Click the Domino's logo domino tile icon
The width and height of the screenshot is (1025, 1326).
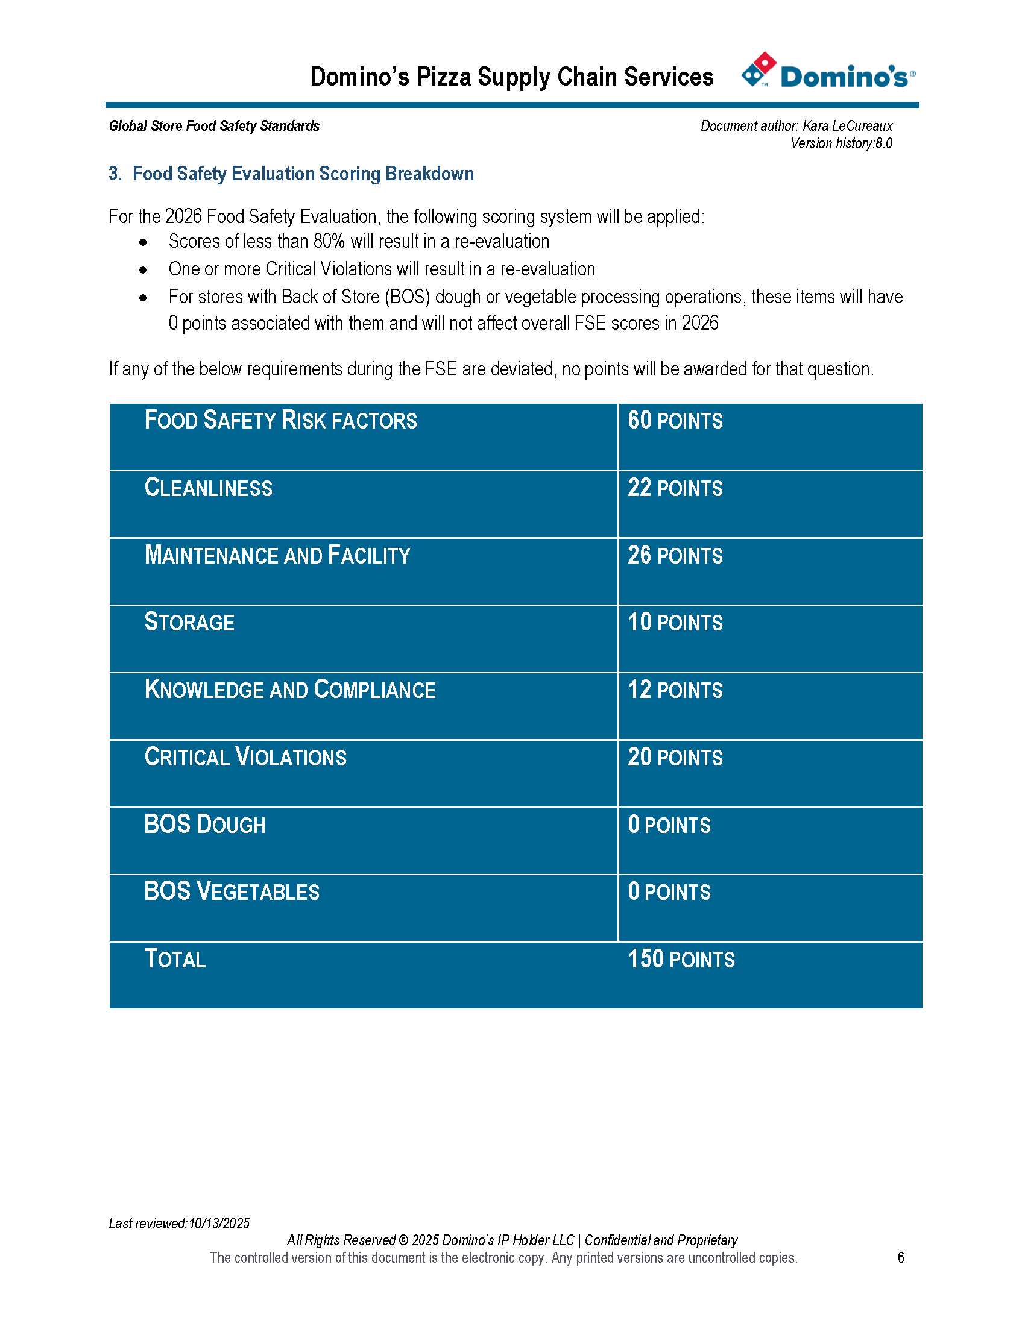[758, 69]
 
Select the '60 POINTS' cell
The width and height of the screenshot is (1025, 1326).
[675, 421]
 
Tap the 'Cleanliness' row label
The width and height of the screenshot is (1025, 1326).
[208, 488]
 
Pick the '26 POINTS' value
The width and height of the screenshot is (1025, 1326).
[675, 556]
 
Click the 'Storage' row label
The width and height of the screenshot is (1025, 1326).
[189, 623]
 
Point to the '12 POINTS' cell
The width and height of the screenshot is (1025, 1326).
[675, 690]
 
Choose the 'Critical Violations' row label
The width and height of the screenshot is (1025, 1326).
[245, 758]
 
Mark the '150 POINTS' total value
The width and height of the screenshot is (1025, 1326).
[681, 960]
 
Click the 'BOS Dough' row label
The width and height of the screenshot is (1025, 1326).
[204, 825]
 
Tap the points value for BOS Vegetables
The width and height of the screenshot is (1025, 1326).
[669, 892]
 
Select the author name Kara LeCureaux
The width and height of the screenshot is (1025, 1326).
[847, 126]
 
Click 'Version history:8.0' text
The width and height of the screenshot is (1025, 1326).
[841, 143]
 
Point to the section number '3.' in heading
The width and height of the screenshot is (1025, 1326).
[115, 174]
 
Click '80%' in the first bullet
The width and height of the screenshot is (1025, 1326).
[329, 242]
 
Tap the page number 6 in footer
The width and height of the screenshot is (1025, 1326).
[901, 1257]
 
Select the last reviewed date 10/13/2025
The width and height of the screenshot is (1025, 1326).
[219, 1224]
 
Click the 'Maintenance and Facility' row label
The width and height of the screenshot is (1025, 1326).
[277, 556]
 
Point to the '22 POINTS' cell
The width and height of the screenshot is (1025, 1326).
[675, 488]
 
